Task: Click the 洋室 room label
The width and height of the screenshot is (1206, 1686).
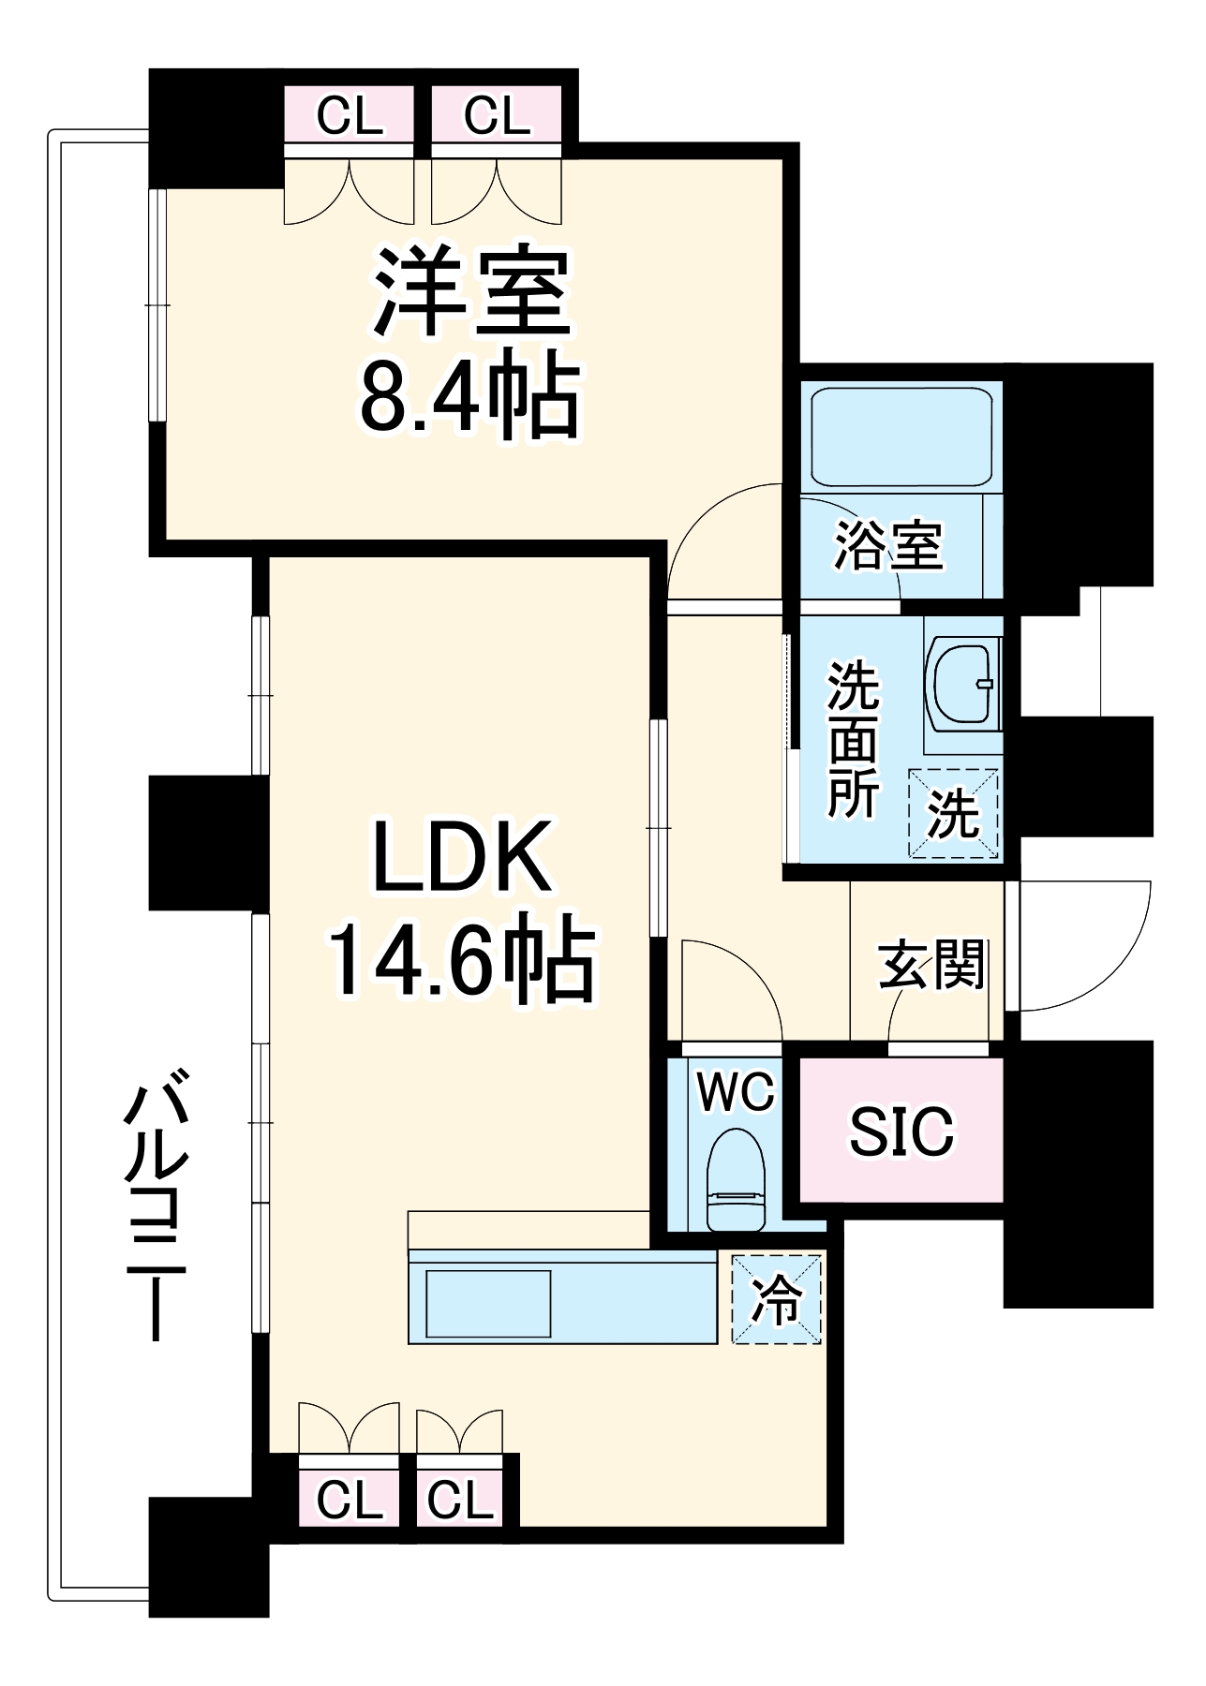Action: click(472, 292)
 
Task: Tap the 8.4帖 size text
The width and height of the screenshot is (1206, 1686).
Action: click(470, 396)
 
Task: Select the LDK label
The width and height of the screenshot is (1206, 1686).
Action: click(460, 857)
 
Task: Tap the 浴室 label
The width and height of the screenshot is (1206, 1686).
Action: click(888, 545)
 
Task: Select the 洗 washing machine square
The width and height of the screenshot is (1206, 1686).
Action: click(953, 813)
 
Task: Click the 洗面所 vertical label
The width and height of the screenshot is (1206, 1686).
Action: click(853, 740)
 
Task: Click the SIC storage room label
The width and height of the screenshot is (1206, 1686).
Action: click(901, 1131)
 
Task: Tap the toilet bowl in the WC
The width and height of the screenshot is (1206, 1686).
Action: click(736, 1180)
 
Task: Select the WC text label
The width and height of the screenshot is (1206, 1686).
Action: click(736, 1091)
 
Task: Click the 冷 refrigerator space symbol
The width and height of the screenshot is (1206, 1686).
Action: click(777, 1300)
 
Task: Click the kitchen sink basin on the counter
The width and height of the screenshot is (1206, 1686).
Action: click(488, 1303)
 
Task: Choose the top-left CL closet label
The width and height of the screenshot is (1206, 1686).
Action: click(350, 116)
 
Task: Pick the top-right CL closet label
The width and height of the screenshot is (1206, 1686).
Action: click(497, 116)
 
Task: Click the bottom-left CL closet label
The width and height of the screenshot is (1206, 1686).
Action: click(350, 1501)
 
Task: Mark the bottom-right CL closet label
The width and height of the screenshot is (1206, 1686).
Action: click(460, 1501)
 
